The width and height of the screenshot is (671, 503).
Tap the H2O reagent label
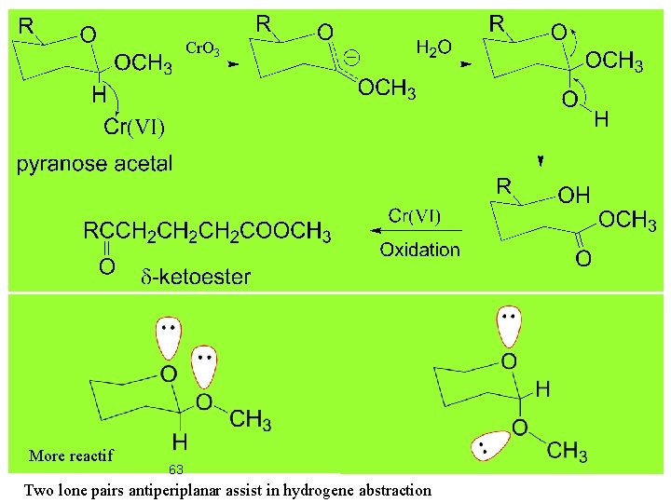[x=433, y=47]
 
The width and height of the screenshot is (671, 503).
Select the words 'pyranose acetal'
[x=95, y=164]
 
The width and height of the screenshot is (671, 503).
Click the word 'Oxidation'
[x=419, y=249]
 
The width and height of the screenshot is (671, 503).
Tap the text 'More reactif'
[x=71, y=455]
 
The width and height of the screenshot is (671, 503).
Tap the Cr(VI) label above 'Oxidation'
[x=414, y=216]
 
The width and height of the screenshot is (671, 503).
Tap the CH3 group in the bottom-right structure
[x=567, y=453]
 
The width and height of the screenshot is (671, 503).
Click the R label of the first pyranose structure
[x=28, y=26]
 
